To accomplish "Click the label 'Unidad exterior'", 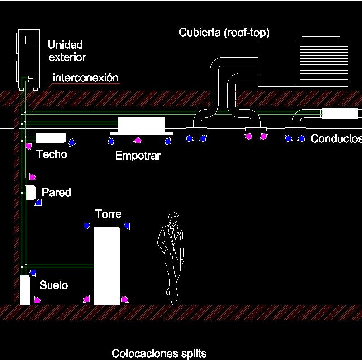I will coord(66,51).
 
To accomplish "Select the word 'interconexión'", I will coord(86,77).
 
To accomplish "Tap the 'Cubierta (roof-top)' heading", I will coord(224,33).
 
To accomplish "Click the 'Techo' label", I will coord(52,154).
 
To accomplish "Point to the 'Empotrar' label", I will coord(138,156).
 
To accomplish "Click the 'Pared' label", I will coord(56,193).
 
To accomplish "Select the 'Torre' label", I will coord(108,213).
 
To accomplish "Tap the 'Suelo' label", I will coord(53,285).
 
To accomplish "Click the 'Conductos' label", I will coord(336,139).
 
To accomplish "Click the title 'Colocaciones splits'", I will coord(159,353).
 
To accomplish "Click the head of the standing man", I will coord(173,218).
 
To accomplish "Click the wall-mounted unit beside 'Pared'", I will coord(31,193).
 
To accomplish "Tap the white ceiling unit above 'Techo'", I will coord(50,137).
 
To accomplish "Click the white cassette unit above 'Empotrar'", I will coord(141,124).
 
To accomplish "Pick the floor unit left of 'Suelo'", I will coord(24,290).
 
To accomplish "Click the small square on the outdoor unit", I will coord(29,40).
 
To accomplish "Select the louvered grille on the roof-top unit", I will coord(322,64).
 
